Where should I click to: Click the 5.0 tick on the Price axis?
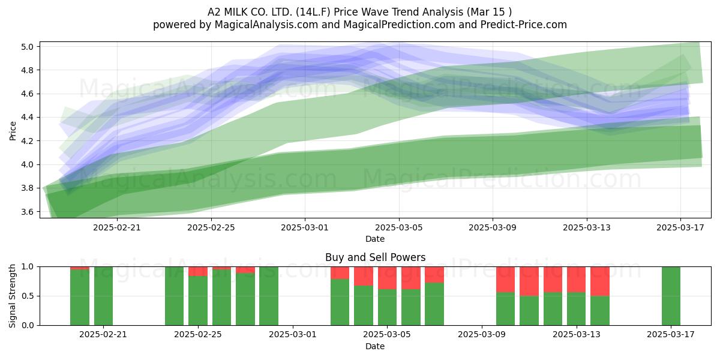[x=27, y=47]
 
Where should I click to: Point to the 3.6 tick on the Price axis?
[x=27, y=212]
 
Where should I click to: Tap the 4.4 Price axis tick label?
[x=27, y=118]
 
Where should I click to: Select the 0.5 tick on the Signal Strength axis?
[x=27, y=296]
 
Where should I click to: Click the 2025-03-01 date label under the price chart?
[x=305, y=227]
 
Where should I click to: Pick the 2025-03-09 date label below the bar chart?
[x=481, y=335]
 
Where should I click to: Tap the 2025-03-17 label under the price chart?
[x=680, y=227]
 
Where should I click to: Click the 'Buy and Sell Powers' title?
[x=375, y=257]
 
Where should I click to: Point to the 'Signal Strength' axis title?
[x=12, y=296]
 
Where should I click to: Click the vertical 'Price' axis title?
[x=13, y=131]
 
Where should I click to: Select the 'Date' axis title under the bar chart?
[x=375, y=346]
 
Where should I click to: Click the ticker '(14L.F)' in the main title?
[x=313, y=12]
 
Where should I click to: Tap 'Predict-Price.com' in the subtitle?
[x=524, y=25]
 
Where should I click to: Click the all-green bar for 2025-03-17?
[x=671, y=296]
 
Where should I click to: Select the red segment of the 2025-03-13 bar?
[x=576, y=280]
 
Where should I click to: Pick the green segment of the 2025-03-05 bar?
[x=387, y=307]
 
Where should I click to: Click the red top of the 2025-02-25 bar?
[x=197, y=271]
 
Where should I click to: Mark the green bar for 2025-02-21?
[x=103, y=296]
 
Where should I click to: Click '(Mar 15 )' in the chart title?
[x=489, y=12]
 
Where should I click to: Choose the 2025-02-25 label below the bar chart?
[x=197, y=335]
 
